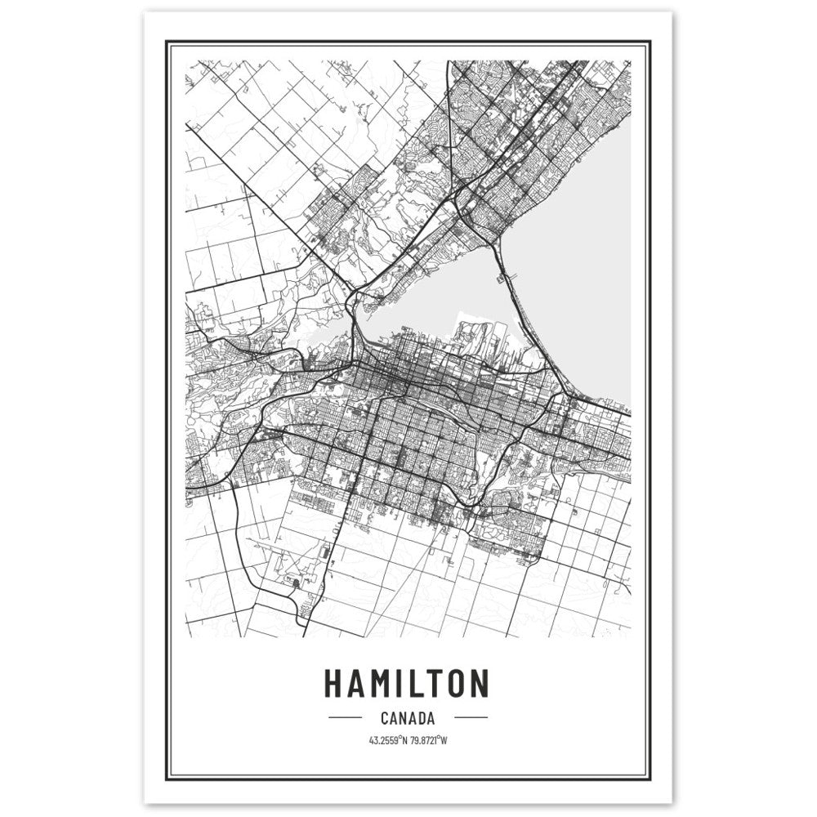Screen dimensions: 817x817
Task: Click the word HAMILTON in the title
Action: [x=407, y=683]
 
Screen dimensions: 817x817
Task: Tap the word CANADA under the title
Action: [x=407, y=719]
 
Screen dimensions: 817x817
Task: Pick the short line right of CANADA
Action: [x=470, y=719]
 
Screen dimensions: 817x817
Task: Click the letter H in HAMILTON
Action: [x=334, y=683]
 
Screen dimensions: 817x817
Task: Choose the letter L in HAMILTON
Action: [x=413, y=683]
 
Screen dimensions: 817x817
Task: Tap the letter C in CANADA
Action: [x=383, y=719]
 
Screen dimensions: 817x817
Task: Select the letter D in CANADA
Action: [x=420, y=719]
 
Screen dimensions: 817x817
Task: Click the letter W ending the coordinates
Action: [x=447, y=741]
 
